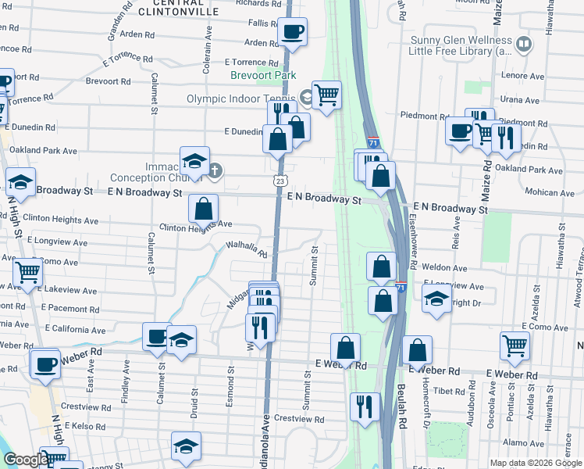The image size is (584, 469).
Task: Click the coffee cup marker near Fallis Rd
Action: (293, 32)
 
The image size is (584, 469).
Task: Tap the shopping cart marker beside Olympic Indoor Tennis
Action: (326, 95)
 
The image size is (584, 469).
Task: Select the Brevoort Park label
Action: (264, 75)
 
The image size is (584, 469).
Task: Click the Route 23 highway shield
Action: (280, 181)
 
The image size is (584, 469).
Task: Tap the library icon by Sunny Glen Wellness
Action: (523, 43)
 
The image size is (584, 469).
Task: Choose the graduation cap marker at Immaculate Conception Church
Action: (194, 161)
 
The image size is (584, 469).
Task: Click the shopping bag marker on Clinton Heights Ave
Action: (203, 209)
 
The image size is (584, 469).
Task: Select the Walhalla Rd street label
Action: (246, 249)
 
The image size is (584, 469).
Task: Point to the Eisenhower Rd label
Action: (413, 242)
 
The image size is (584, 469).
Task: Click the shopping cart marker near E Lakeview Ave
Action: (27, 273)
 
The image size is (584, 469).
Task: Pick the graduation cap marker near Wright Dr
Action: (436, 297)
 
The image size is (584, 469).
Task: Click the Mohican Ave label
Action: (550, 192)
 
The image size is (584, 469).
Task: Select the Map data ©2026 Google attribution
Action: (535, 463)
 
